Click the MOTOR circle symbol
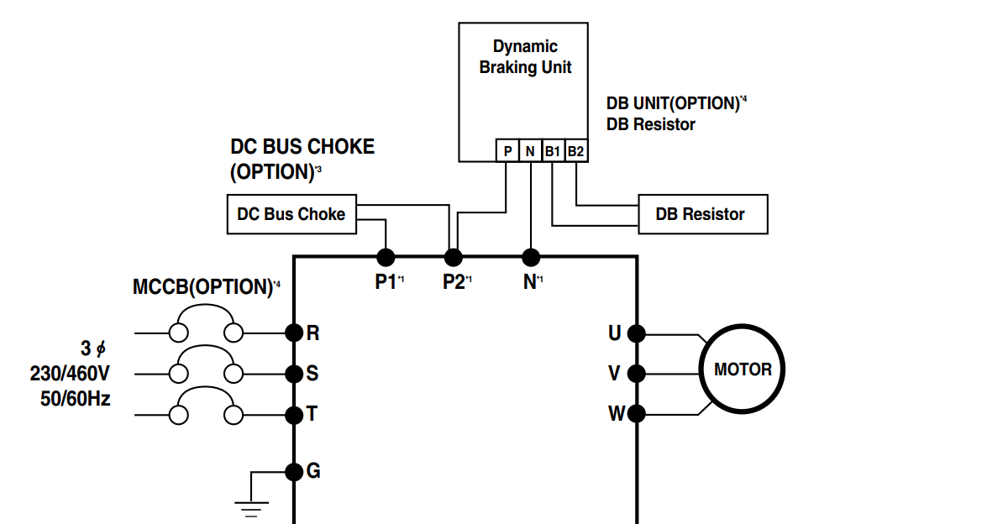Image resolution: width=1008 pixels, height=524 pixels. (743, 369)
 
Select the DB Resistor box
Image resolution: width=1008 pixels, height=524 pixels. (703, 214)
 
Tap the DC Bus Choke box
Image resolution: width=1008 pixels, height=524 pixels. (291, 214)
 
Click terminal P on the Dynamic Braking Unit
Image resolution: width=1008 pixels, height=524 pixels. (507, 151)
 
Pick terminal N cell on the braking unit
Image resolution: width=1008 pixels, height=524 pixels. (530, 151)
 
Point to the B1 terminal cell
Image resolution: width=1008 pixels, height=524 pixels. (553, 151)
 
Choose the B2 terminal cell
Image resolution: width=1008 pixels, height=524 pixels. (575, 151)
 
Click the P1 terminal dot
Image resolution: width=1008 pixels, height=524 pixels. (386, 256)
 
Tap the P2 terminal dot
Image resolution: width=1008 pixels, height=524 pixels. (454, 256)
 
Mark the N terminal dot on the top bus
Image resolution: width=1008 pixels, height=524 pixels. (531, 256)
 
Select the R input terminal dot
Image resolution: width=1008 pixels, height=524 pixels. (293, 333)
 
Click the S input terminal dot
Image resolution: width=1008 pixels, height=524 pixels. (293, 373)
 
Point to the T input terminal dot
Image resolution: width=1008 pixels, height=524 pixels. (293, 414)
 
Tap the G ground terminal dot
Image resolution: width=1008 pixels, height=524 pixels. (293, 471)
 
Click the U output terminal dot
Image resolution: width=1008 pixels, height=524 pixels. (637, 333)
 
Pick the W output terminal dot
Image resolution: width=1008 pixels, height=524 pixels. (637, 413)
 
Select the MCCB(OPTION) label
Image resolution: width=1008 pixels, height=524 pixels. (202, 287)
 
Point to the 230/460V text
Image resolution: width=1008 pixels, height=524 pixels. (70, 373)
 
